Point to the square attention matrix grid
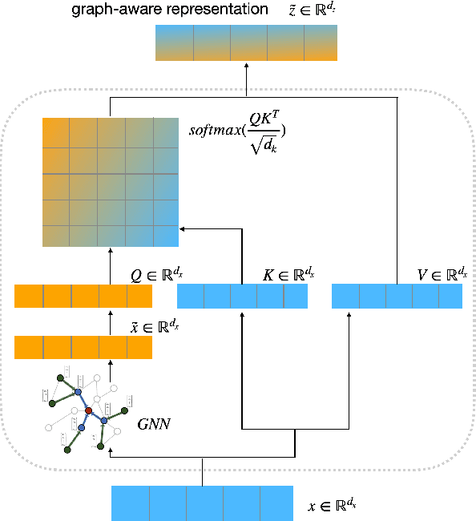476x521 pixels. (110, 181)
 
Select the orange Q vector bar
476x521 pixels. (83, 297)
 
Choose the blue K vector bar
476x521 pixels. (242, 297)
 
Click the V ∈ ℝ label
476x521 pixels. (442, 276)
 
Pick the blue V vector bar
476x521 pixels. (397, 297)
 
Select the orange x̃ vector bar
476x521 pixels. (83, 347)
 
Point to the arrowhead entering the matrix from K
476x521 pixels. (183, 228)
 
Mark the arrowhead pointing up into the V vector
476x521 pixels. (349, 313)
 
